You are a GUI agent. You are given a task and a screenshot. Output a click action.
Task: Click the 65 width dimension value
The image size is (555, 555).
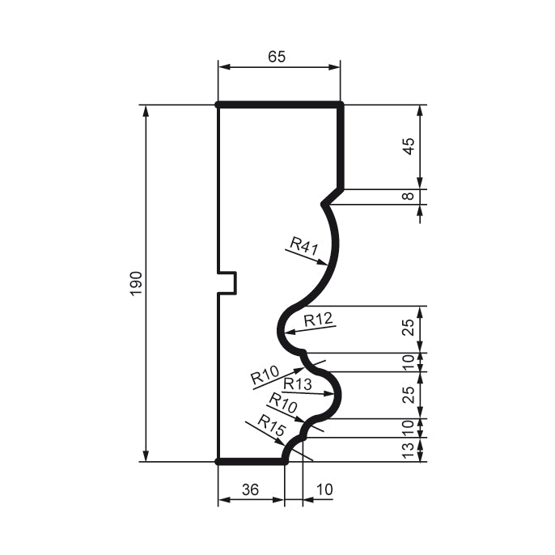pyautogui.click(x=277, y=57)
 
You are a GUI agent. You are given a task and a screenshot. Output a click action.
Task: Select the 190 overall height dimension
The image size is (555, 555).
pyautogui.click(x=136, y=283)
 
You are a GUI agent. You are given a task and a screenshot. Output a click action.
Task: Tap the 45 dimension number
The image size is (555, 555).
pyautogui.click(x=409, y=146)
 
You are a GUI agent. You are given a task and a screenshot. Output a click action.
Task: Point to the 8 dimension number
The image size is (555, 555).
pyautogui.click(x=409, y=196)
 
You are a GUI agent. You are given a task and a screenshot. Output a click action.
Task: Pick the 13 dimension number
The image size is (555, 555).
pyautogui.click(x=409, y=449)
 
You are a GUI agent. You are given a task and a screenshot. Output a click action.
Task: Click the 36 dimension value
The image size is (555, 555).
pyautogui.click(x=251, y=489)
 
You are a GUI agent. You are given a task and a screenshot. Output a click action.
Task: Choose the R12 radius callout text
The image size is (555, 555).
pyautogui.click(x=319, y=320)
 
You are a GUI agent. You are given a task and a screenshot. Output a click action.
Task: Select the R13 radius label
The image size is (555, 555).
pyautogui.click(x=298, y=383)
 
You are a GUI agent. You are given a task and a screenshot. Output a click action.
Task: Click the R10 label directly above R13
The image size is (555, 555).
pyautogui.click(x=265, y=375)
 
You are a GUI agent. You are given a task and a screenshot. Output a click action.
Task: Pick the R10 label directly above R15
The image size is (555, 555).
pyautogui.click(x=283, y=400)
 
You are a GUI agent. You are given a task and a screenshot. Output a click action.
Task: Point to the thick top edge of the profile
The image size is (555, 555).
pyautogui.click(x=279, y=104)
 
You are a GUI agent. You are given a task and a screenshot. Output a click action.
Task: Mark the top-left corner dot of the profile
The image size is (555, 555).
pyautogui.click(x=218, y=104)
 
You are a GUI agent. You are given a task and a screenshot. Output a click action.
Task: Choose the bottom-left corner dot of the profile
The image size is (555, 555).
pyautogui.click(x=218, y=461)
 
